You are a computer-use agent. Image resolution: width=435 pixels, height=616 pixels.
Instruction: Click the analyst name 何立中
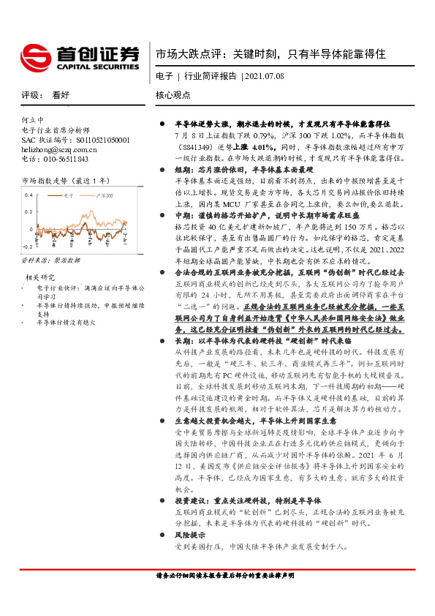[33, 119]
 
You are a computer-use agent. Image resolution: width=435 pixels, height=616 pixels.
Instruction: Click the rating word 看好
[61, 95]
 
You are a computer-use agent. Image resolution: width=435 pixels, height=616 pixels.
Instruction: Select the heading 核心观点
[173, 95]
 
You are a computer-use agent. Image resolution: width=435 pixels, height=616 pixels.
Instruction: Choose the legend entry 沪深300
[106, 196]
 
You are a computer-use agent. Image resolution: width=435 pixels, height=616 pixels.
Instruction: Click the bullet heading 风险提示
[189, 535]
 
